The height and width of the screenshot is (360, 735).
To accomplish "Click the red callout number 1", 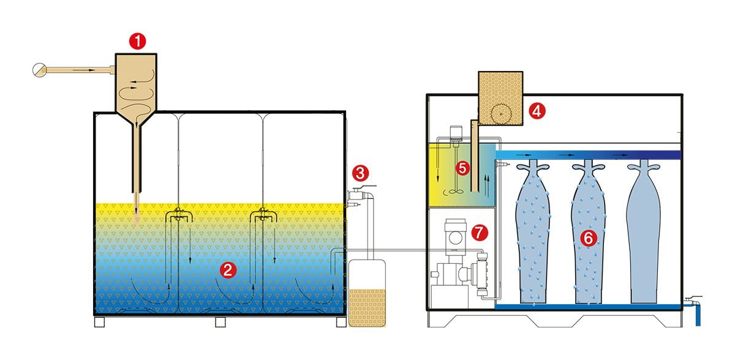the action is (137, 41).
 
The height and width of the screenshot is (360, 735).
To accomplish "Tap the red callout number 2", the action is (228, 270).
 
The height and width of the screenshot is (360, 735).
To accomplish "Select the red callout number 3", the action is (360, 173).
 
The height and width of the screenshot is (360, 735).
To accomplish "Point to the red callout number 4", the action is (537, 111).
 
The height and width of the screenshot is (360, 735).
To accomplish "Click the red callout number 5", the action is (462, 168).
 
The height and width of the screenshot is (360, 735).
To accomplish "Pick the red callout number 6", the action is (589, 238).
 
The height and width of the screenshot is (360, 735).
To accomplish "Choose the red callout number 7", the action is (480, 233).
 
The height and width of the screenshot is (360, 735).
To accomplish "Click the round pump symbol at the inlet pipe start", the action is (39, 70).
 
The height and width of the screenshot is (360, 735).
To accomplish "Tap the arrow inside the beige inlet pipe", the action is (84, 70).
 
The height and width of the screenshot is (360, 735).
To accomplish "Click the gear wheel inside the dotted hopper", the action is (501, 114).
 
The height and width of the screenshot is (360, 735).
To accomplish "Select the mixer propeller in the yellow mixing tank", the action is (454, 192).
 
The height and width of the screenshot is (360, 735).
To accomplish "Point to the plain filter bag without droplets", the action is (644, 231).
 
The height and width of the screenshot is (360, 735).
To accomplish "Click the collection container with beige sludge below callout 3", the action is (367, 293).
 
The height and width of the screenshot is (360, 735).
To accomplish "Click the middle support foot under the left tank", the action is (220, 322).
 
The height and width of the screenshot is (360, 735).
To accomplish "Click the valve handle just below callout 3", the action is (364, 187).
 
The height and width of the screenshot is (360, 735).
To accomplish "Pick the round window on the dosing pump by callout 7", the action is (456, 238).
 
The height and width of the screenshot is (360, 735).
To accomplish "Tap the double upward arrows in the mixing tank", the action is (487, 186).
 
